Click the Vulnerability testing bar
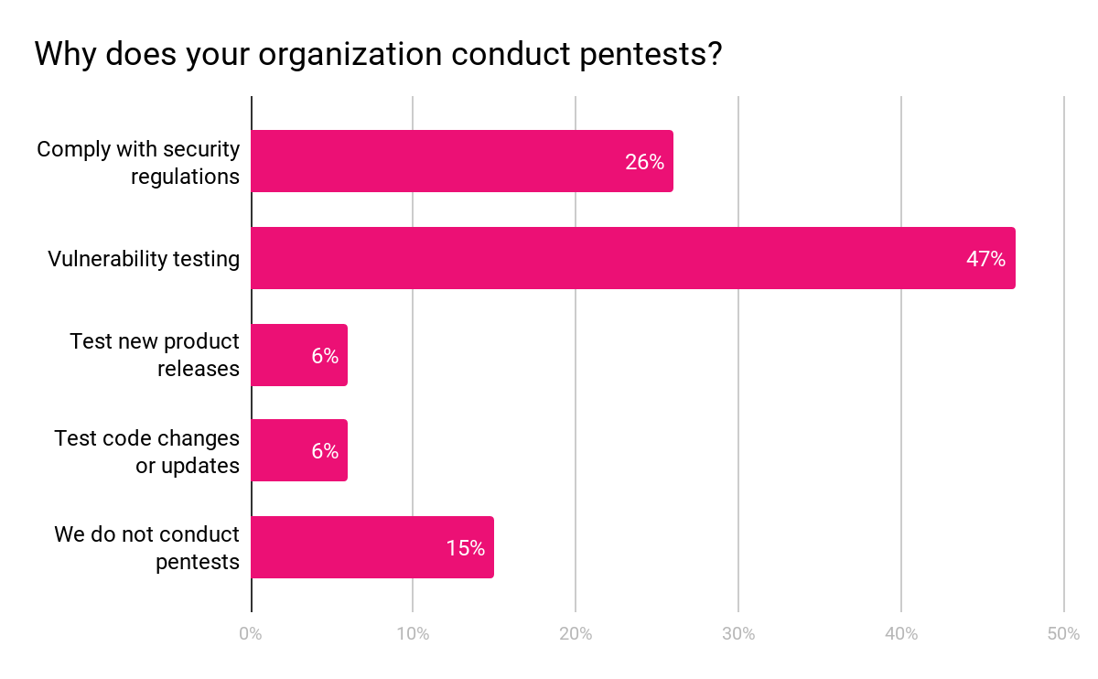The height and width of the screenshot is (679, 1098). click(632, 258)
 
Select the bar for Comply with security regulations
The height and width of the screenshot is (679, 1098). click(461, 161)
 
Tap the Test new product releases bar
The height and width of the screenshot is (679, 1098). click(298, 355)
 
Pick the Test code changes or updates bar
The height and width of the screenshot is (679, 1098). click(298, 450)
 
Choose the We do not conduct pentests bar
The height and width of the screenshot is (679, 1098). click(371, 547)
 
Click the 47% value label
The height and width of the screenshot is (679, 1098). click(985, 259)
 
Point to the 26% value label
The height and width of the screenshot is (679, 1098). click(644, 162)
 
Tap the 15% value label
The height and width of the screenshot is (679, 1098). click(465, 548)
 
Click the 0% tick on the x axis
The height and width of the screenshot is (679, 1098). click(251, 634)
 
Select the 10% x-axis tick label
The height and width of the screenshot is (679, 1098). click(413, 634)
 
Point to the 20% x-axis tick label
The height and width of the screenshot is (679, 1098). click(576, 634)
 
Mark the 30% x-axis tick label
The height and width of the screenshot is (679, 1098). click(738, 634)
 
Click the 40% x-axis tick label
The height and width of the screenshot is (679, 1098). click(901, 634)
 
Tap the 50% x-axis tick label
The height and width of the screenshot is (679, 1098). click(1063, 634)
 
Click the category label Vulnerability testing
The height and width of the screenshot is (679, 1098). click(144, 259)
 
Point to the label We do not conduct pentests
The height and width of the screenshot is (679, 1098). click(147, 547)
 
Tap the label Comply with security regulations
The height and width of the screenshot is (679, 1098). click(138, 162)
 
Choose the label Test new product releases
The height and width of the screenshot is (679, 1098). click(154, 355)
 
